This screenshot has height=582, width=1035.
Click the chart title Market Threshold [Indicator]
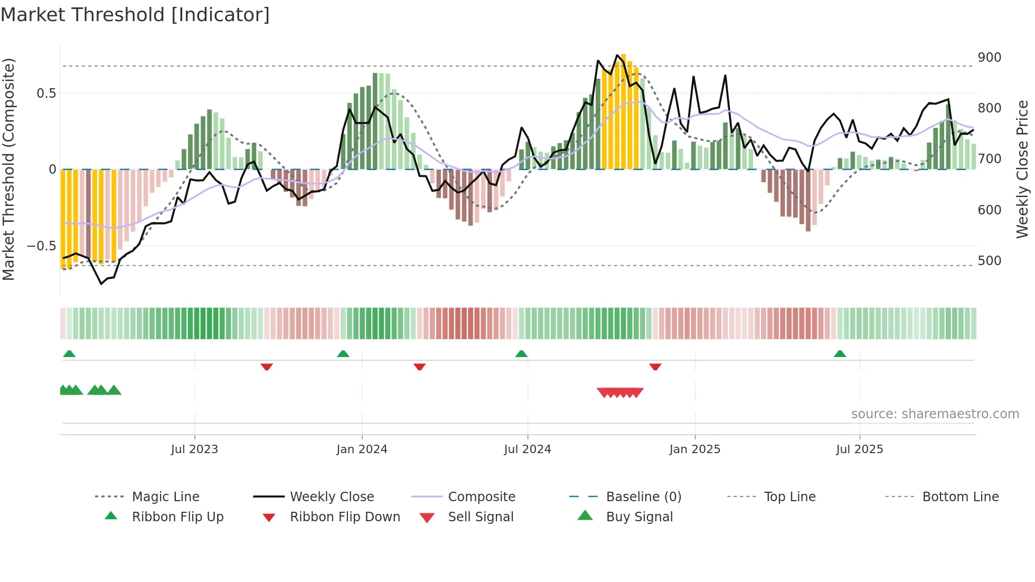point(135,15)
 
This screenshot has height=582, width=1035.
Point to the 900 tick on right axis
point(989,57)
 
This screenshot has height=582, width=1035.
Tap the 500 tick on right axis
point(989,260)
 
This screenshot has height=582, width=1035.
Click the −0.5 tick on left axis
point(41,246)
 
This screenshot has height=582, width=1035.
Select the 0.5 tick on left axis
point(46,93)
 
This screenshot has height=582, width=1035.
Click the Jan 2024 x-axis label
point(362,449)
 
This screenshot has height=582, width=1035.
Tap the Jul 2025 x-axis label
point(859,449)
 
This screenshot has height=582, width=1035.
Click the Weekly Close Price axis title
point(1022,169)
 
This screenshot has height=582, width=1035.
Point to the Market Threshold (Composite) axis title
point(8,169)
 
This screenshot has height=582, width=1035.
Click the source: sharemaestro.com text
point(935,414)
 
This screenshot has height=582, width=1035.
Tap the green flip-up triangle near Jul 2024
point(521,354)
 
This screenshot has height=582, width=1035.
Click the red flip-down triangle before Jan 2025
point(655,367)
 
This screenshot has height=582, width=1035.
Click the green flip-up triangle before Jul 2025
point(840,354)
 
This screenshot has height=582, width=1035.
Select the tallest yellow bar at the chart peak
point(623,111)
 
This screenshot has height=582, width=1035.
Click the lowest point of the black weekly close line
point(102,284)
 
